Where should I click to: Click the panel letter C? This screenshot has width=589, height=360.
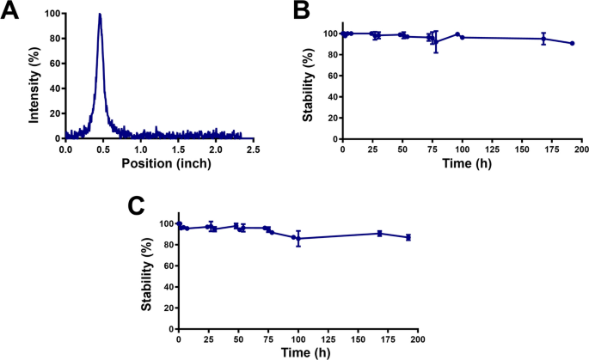[x=135, y=206]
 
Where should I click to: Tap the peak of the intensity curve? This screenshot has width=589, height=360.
[x=100, y=15]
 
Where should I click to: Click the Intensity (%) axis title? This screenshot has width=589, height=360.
[x=34, y=76]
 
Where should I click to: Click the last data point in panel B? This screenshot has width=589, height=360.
[x=572, y=43]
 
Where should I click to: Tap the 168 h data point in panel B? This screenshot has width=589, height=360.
[x=543, y=39]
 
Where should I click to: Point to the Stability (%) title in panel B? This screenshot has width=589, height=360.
[x=307, y=85]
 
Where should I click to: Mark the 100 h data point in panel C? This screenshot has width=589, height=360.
[x=298, y=238]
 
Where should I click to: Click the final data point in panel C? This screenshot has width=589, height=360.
[x=408, y=237]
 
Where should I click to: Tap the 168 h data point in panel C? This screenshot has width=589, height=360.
[x=379, y=233]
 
